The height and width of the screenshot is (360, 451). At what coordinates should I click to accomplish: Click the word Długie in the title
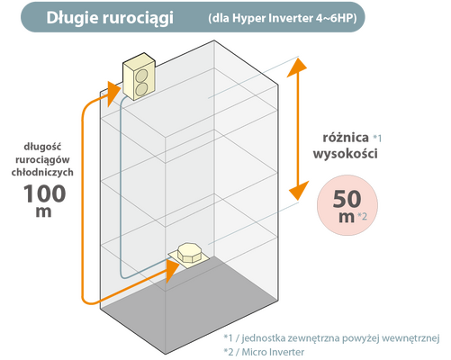72,18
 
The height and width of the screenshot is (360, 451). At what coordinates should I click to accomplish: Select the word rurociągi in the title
139,19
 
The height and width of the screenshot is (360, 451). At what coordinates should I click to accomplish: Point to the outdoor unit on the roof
139,76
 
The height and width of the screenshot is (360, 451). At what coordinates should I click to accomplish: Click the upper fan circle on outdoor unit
141,76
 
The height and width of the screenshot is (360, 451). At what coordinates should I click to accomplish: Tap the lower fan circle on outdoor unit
141,89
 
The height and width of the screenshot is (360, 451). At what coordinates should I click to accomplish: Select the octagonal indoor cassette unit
190,255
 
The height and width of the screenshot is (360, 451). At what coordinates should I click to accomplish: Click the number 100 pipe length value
44,193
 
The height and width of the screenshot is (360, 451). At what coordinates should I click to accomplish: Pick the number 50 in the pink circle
347,199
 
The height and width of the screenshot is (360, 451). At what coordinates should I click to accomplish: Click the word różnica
346,138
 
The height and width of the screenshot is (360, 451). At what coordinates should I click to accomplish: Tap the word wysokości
346,154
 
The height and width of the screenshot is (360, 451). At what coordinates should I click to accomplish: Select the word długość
42,147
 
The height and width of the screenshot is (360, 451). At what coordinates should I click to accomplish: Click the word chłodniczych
42,172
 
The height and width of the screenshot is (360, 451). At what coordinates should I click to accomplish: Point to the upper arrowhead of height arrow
297,67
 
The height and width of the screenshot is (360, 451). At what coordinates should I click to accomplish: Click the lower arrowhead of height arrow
299,191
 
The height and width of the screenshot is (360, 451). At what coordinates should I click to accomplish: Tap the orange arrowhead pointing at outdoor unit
114,93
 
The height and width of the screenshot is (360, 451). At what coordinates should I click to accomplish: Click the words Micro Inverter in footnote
273,352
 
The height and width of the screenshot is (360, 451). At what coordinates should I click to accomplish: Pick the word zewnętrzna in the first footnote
313,338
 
